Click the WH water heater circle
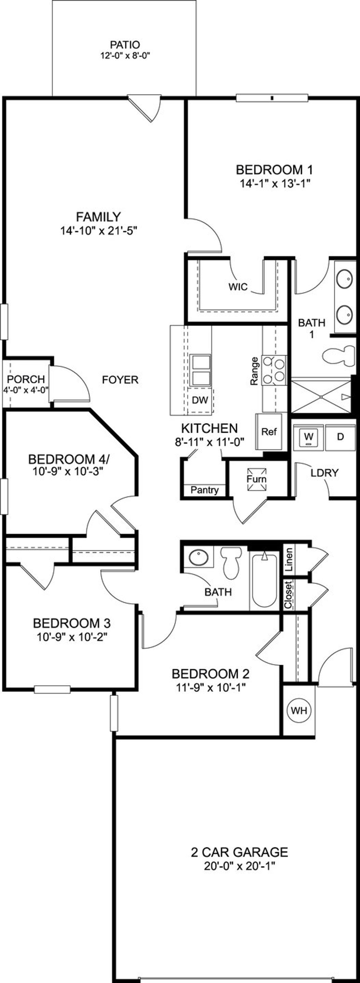click(x=299, y=710)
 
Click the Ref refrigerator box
click(x=269, y=432)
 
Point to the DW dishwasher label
click(x=200, y=400)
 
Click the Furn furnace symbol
click(x=256, y=479)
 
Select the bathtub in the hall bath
click(x=264, y=580)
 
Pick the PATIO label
click(x=125, y=45)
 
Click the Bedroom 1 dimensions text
click(x=274, y=183)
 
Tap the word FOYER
click(x=120, y=380)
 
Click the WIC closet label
click(x=238, y=287)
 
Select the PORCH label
click(x=26, y=379)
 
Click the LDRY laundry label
click(x=325, y=473)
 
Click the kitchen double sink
click(x=201, y=370)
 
